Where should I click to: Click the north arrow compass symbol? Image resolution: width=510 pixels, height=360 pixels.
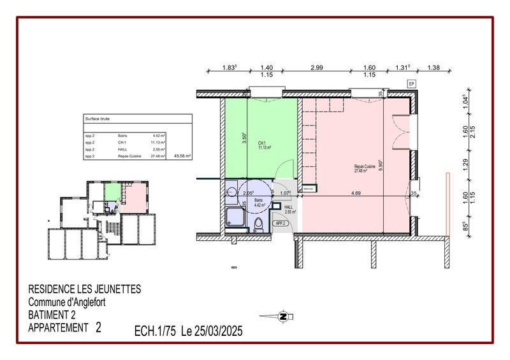(x=283, y=316)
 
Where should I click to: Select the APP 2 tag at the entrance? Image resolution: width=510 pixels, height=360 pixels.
(x=279, y=224)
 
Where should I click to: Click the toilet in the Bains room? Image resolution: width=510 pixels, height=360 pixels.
(x=258, y=224)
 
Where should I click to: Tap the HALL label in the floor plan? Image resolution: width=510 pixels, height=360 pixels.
(x=288, y=207)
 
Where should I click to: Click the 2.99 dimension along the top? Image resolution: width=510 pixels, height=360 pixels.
(x=316, y=68)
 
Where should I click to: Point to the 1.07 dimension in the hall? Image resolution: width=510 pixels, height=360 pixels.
(x=285, y=193)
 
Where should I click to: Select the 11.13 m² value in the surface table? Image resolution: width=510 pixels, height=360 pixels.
(x=158, y=142)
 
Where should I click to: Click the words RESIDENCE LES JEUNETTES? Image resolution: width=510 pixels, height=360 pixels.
(x=85, y=289)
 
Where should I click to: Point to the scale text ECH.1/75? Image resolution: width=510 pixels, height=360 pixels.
(x=156, y=331)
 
